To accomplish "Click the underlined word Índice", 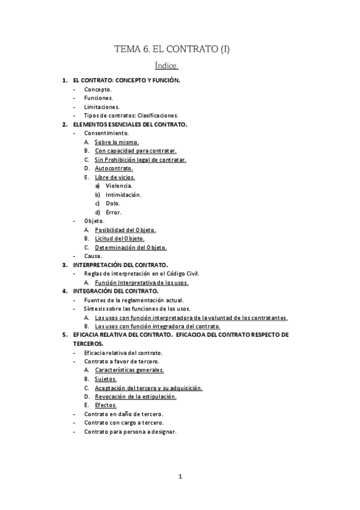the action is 171,66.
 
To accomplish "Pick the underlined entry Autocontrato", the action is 114,168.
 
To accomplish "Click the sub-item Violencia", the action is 118,186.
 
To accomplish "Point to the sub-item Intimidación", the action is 123,195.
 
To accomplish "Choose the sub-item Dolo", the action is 113,203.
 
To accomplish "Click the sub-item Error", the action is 114,212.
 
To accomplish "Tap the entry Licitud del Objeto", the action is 120,239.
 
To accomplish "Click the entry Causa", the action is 93,256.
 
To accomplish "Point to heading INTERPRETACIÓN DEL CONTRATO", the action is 120,265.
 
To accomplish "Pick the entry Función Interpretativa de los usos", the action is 142,282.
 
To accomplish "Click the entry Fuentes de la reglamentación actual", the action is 134,300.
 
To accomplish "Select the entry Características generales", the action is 129,370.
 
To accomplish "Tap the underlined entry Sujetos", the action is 106,379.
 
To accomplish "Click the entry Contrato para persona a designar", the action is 130,432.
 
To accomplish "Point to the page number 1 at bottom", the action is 180,477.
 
